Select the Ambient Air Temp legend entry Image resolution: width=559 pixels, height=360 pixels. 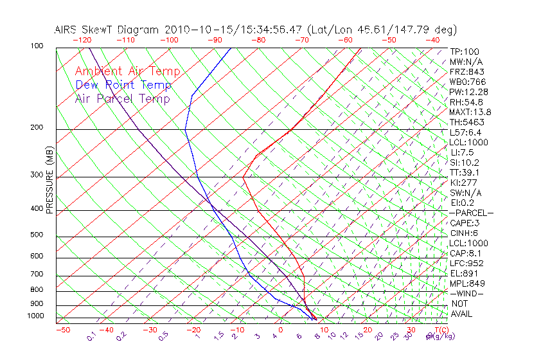point(127,71)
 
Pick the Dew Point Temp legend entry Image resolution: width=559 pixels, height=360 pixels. point(123,85)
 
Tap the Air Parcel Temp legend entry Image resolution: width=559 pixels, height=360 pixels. point(122,98)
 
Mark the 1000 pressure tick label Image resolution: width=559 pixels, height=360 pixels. point(37,316)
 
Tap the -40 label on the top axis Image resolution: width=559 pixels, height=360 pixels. point(432,40)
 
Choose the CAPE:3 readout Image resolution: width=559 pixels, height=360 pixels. point(465,223)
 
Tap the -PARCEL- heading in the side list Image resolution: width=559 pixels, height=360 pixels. point(471,213)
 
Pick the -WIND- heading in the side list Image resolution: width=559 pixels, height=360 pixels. point(467,293)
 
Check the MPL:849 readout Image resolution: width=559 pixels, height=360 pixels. point(467,283)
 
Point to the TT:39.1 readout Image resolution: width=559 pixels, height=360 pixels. point(466,172)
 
